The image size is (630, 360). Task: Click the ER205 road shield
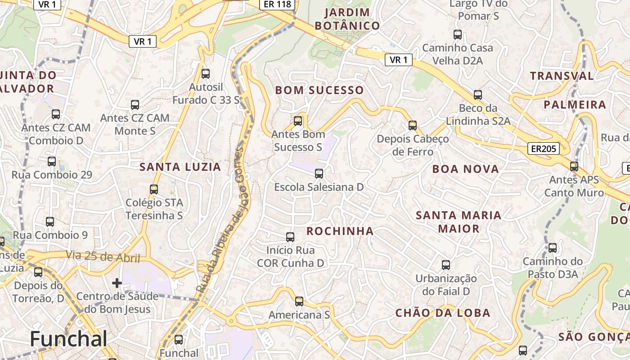point(544,149)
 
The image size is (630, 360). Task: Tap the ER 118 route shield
point(278,4)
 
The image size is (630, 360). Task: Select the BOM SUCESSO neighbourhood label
point(319,90)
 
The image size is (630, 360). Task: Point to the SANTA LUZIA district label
point(180,167)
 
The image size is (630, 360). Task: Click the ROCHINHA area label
point(340,231)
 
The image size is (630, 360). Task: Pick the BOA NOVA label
point(466,169)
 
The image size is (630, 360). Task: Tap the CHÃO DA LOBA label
point(443,313)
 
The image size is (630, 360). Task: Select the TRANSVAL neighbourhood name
point(562,76)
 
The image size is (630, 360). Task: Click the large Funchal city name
point(69,339)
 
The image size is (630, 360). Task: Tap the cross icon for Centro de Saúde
point(117,283)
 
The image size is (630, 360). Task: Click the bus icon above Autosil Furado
point(206,74)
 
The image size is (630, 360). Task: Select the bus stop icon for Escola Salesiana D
point(319,173)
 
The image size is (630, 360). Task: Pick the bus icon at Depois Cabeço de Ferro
point(413,126)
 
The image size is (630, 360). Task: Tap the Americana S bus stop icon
point(299,301)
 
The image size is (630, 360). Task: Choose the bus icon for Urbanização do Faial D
point(446,265)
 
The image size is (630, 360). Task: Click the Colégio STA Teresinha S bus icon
point(154,189)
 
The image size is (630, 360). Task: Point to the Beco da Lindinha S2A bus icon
point(478,95)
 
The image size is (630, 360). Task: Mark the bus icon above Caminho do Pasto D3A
point(553,248)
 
